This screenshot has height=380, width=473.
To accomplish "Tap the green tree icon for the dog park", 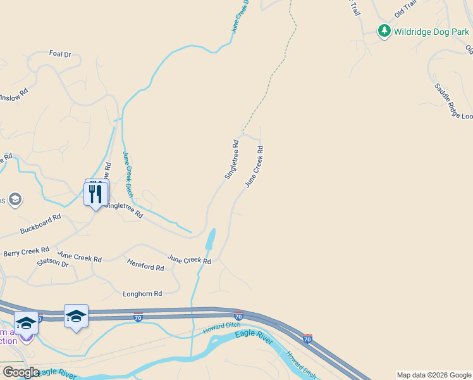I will [x=384, y=30].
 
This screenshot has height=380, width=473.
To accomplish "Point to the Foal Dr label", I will [x=60, y=54].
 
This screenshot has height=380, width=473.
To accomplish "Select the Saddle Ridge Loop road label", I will [x=453, y=101].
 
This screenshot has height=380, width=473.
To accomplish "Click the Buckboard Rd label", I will [x=40, y=223].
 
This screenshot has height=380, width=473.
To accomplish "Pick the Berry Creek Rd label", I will [x=26, y=251].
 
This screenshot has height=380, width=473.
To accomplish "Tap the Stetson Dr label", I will [x=52, y=262].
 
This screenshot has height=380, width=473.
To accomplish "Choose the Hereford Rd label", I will [x=145, y=267].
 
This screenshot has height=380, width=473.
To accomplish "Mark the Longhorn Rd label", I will [x=142, y=294].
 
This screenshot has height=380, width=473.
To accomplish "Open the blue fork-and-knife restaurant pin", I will [x=96, y=194].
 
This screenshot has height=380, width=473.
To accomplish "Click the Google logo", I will [x=21, y=372].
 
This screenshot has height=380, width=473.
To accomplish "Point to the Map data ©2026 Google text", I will [x=434, y=375].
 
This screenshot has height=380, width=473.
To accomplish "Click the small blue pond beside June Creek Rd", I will [x=210, y=239].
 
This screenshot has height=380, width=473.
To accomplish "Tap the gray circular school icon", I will [x=15, y=201].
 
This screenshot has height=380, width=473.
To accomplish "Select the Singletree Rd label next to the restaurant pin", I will [x=123, y=210].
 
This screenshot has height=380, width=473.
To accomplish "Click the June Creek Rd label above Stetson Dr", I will [x=79, y=258].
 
